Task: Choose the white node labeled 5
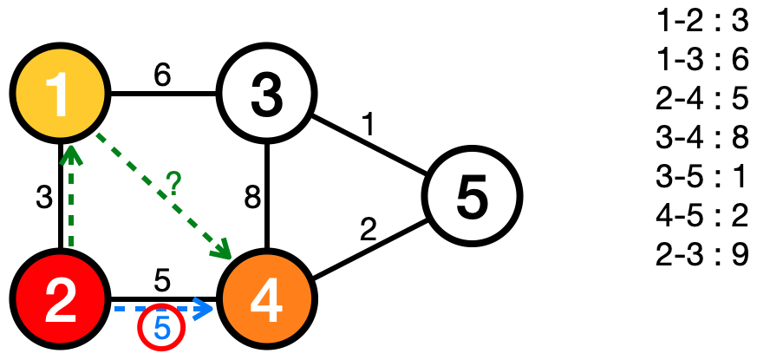pyautogui.click(x=471, y=195)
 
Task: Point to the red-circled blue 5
pyautogui.click(x=161, y=328)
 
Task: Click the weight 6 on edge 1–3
pyautogui.click(x=161, y=75)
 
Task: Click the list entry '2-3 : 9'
pyautogui.click(x=702, y=258)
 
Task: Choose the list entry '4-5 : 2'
pyautogui.click(x=702, y=218)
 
